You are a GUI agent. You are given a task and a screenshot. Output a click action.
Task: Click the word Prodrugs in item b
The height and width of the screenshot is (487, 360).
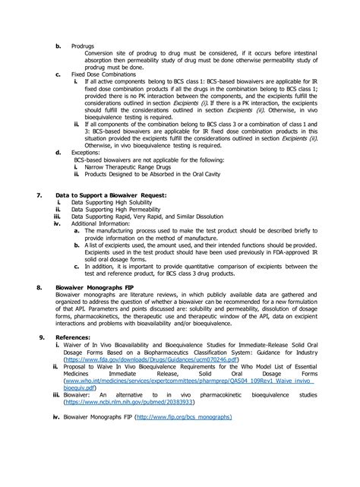click(x=84, y=45)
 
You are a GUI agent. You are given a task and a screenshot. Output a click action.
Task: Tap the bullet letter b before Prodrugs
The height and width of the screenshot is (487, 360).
click(x=58, y=45)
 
